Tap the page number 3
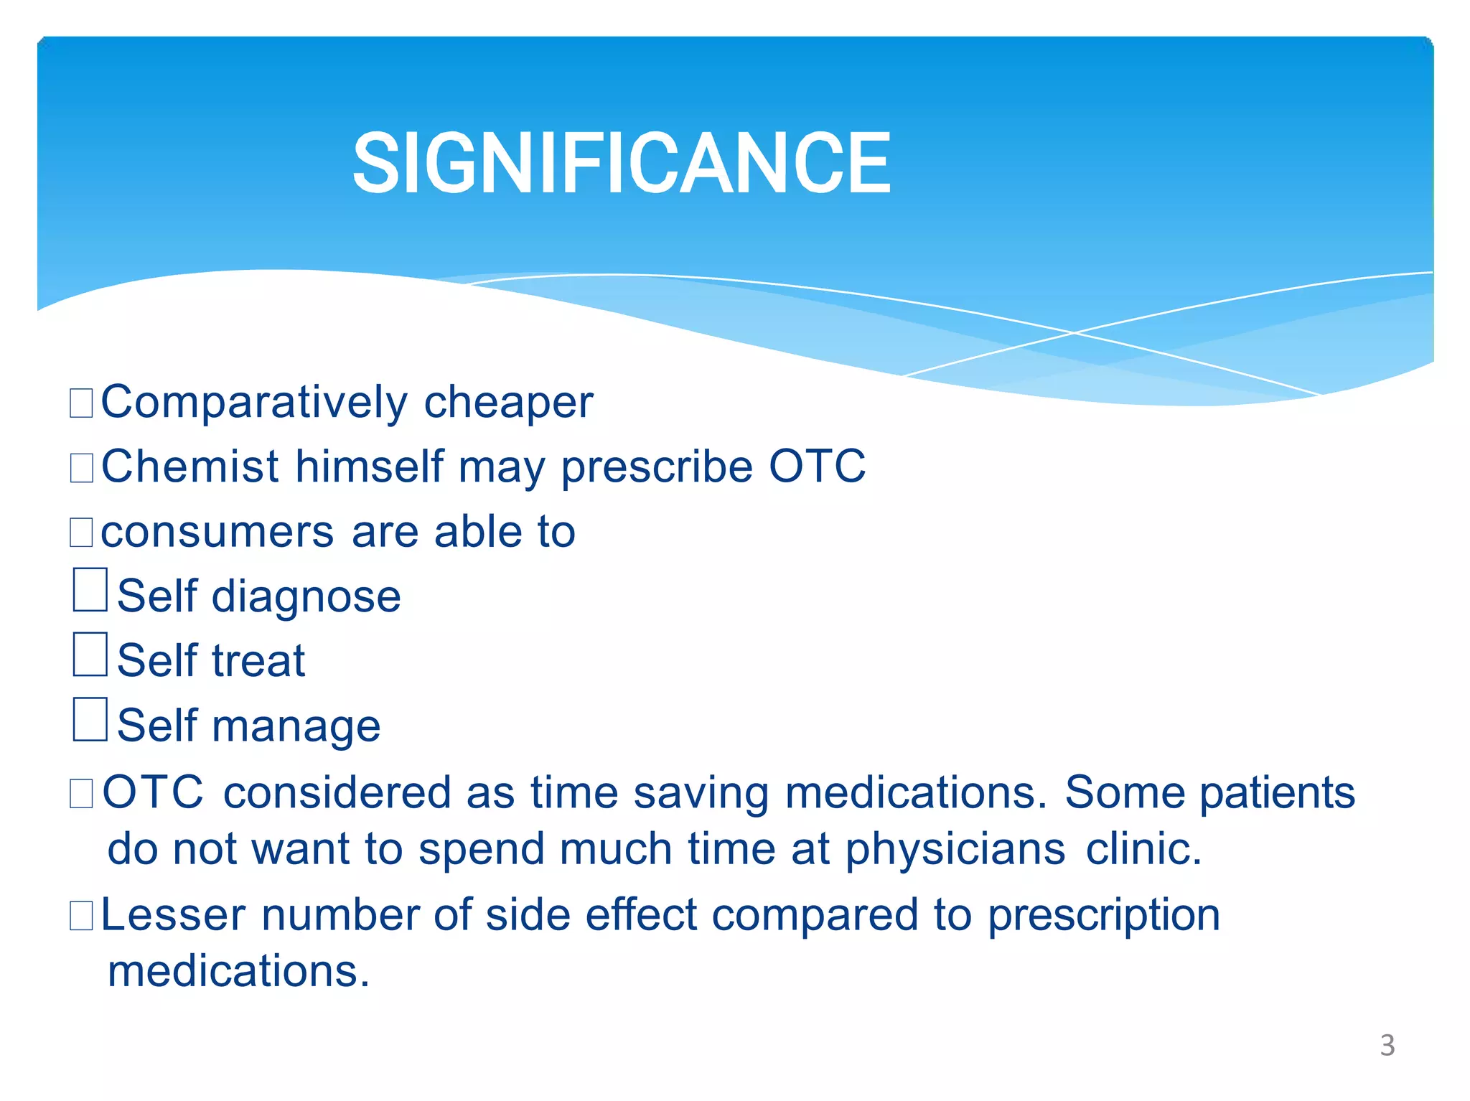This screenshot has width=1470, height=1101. tap(1387, 1045)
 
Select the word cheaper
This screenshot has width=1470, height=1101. tap(508, 403)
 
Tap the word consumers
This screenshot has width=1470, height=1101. tap(217, 533)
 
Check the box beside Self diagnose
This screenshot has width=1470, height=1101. tap(90, 590)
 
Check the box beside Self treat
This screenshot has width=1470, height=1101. tap(90, 654)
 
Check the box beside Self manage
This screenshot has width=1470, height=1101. tap(90, 719)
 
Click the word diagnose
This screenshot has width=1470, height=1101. tap(306, 597)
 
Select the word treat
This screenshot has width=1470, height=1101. tap(258, 661)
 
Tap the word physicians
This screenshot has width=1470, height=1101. tap(955, 850)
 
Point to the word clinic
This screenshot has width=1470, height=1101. tap(1143, 849)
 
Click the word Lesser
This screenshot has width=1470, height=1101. tap(174, 915)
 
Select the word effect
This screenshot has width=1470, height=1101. tap(641, 915)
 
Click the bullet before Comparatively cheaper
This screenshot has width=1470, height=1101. tap(81, 403)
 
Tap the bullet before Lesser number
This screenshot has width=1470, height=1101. tap(81, 917)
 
